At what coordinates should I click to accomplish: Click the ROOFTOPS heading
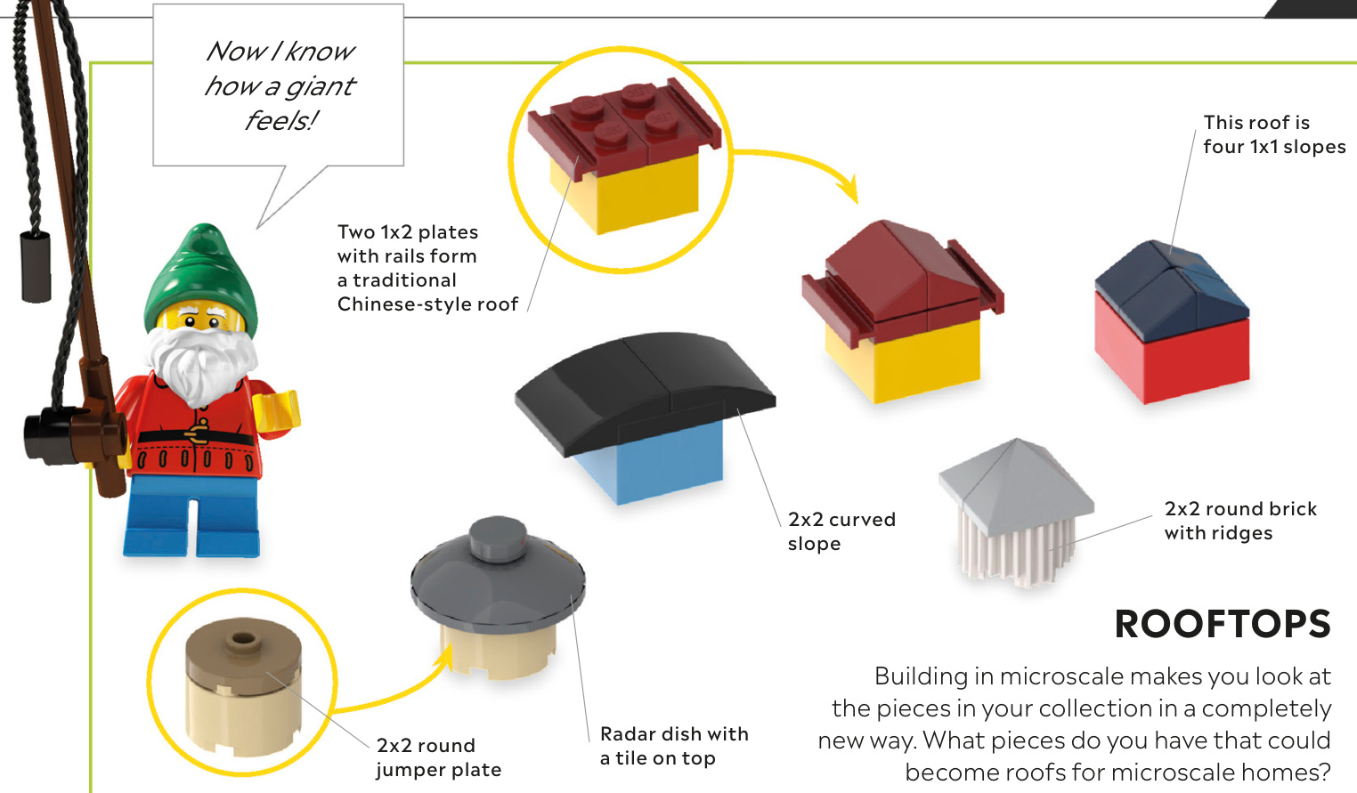pos(1222,624)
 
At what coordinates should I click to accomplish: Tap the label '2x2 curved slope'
pos(841,531)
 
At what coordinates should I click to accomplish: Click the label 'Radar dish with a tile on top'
pos(674,746)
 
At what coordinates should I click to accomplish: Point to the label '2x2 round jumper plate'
pos(438,757)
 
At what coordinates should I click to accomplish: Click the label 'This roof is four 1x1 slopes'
pos(1273,134)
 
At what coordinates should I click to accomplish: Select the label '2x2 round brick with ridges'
pos(1239,521)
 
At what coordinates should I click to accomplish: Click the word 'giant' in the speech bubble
pos(320,86)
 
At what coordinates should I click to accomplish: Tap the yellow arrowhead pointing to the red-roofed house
pos(850,188)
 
